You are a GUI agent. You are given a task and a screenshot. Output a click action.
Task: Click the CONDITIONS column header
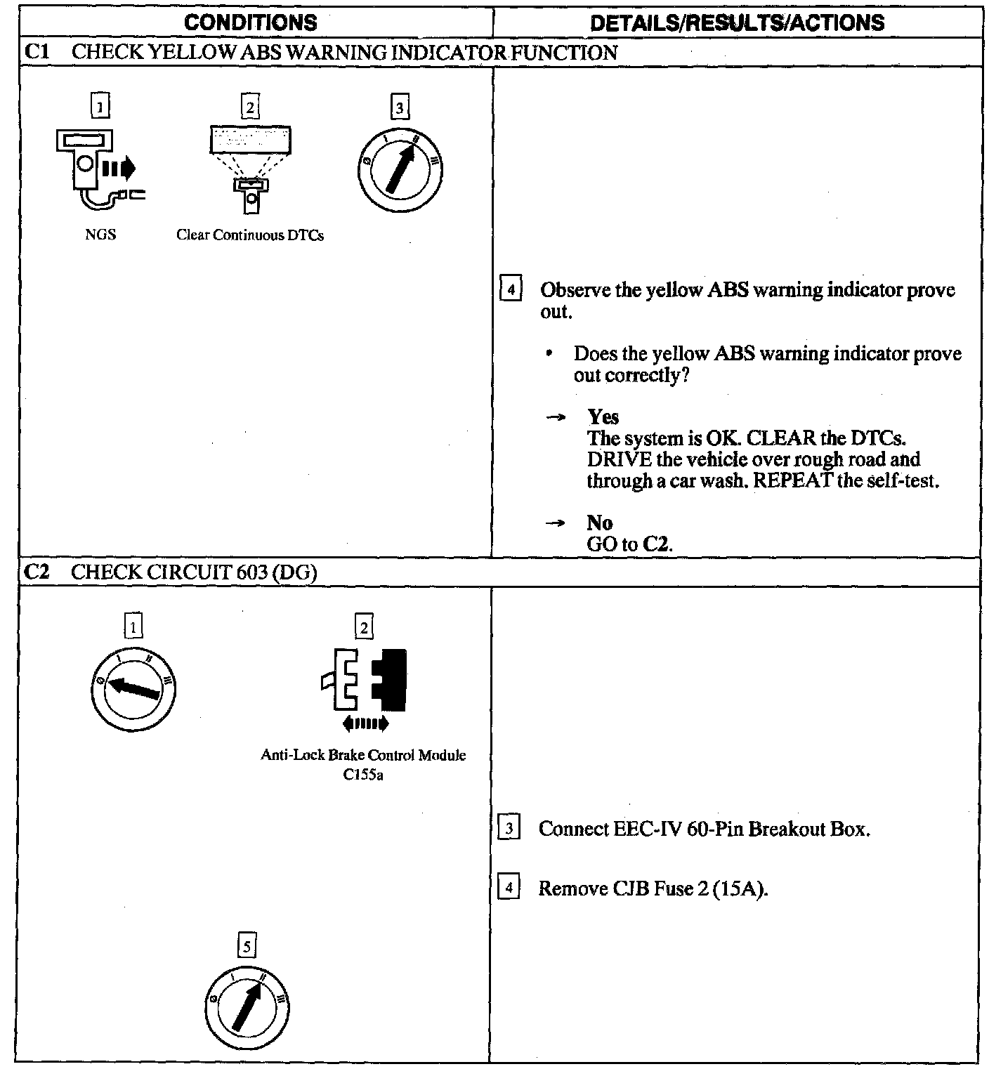pos(250,22)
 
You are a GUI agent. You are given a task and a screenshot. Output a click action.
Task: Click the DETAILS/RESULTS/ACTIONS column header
pos(737,22)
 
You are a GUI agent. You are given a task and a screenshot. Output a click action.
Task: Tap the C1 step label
pos(35,53)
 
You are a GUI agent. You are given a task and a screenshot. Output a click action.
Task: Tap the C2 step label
pos(35,572)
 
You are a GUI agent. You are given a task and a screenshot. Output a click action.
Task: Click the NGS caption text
pos(100,235)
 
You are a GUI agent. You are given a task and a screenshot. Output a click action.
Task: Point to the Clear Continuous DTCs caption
pos(250,235)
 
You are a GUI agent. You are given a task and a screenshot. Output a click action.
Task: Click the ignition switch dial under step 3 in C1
pos(399,168)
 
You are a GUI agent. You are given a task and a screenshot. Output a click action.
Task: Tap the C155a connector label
pos(363,775)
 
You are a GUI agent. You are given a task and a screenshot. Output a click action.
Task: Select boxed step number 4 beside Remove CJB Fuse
pos(509,888)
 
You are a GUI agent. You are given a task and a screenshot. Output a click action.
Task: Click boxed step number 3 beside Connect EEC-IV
pos(509,829)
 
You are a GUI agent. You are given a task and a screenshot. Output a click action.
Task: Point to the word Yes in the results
pos(603,417)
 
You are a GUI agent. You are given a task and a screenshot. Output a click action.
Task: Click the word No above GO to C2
pos(599,523)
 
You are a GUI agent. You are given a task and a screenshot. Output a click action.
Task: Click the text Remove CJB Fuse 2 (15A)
pos(653,888)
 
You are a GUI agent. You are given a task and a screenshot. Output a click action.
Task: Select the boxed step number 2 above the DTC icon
pos(250,107)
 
